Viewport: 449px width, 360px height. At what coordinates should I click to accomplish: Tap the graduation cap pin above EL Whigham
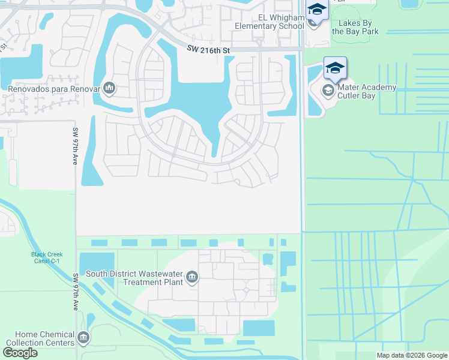click(x=316, y=10)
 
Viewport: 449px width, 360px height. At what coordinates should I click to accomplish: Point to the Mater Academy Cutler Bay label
click(x=367, y=91)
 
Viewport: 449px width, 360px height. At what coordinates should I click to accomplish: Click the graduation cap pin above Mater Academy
click(x=335, y=67)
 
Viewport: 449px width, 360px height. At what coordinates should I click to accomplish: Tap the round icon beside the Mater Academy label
click(x=328, y=91)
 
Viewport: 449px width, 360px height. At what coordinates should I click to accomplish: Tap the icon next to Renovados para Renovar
click(x=109, y=89)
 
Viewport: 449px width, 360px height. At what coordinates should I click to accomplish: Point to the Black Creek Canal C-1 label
click(x=47, y=258)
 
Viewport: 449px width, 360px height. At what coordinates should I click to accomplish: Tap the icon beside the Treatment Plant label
click(x=191, y=277)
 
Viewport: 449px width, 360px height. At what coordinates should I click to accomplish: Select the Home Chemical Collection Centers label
click(x=37, y=338)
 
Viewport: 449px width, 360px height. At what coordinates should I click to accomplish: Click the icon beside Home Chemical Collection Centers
click(x=83, y=338)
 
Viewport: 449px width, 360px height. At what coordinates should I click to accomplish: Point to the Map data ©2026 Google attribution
click(x=412, y=355)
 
